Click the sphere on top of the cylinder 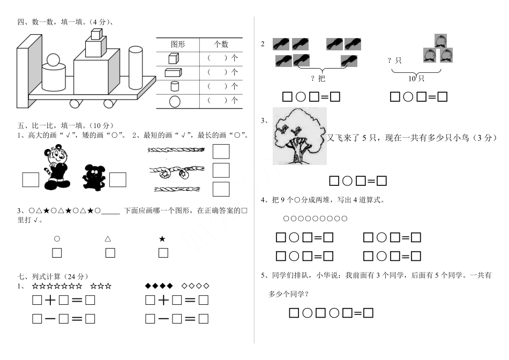coord(53,61)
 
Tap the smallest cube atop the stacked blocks coord(96,34)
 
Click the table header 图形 coord(178,44)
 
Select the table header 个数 coord(221,44)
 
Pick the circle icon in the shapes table coord(175,102)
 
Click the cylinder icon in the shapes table coord(175,86)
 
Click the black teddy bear coord(94,177)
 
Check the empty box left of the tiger coord(31,179)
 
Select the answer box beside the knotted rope coord(221,170)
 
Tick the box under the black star coord(163,252)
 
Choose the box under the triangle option coord(110,252)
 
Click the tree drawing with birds coord(300,136)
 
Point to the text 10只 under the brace coord(416,78)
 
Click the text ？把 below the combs coord(318,78)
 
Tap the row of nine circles coord(315,219)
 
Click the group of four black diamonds coord(159,286)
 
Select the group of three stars coord(101,286)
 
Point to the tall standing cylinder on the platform coord(136,67)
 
